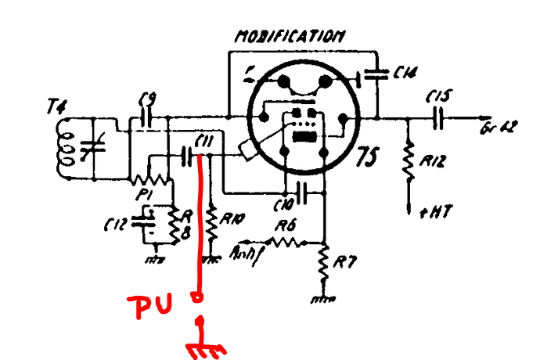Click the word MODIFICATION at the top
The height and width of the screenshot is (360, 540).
tap(290, 36)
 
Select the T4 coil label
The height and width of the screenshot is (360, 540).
tap(56, 110)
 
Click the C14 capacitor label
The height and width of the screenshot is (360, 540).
tap(404, 74)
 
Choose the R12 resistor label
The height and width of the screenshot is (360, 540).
tap(432, 163)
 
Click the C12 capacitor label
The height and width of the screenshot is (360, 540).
tap(117, 225)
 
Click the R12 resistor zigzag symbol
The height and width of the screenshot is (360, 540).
tap(408, 161)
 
